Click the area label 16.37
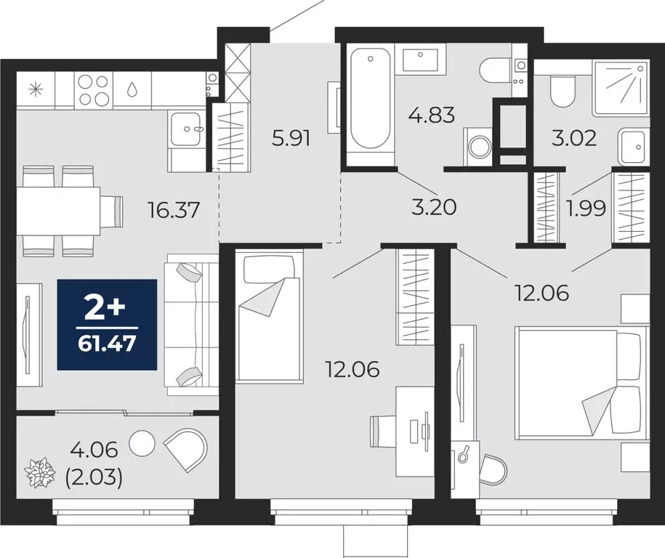coord(172,211)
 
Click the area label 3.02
coord(575,137)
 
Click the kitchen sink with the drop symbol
coord(132,90)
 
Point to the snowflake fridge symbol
coord(35,90)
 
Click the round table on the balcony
coord(142,442)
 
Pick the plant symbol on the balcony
coord(40,474)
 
